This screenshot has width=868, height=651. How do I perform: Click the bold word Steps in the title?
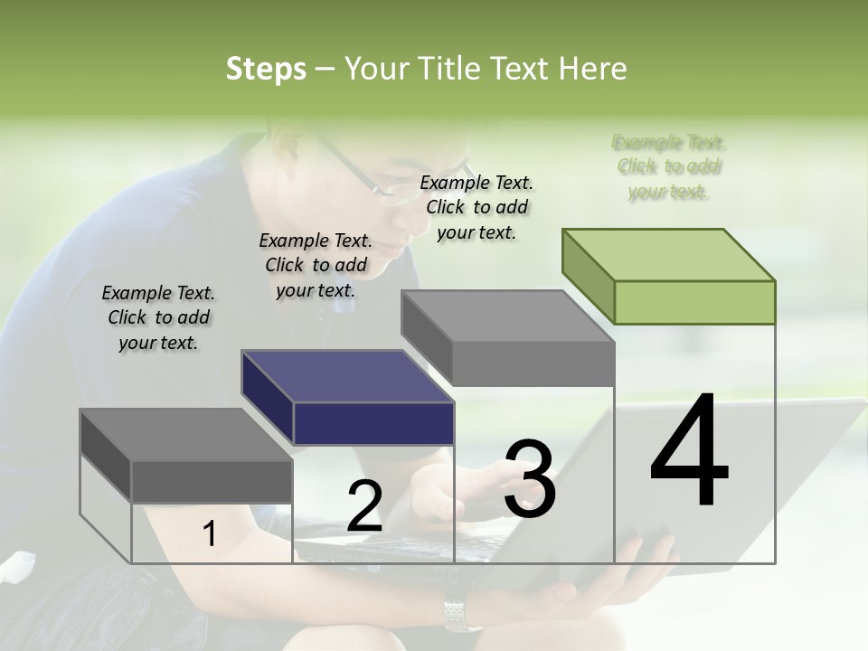266,69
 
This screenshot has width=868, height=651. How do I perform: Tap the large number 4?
689,451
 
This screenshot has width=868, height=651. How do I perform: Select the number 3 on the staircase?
529,479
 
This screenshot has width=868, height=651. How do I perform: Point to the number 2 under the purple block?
364,506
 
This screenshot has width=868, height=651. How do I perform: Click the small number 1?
210,534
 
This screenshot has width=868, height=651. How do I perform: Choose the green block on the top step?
669,276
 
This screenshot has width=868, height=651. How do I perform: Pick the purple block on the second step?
348,397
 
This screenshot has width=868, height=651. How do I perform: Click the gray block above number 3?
508,336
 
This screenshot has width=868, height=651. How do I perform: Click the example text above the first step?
158,317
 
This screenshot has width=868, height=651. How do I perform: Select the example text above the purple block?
316,265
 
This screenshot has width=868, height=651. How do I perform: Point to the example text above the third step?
476,207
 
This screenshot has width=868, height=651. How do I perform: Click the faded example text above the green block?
669,167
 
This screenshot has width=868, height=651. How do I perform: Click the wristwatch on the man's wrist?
462,614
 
